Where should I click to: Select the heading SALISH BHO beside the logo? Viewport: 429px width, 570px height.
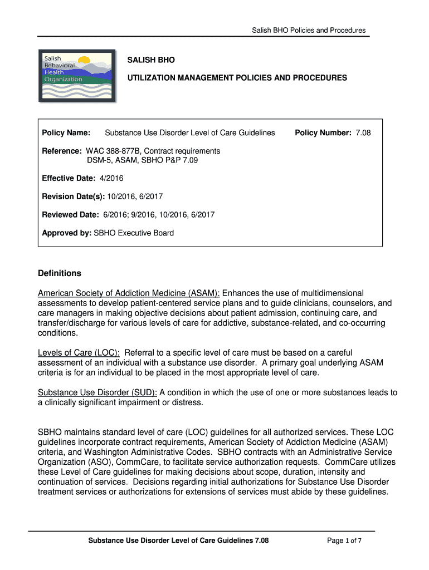tap(151, 60)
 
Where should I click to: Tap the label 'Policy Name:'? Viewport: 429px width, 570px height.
tap(66, 133)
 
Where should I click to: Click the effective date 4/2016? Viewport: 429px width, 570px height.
tap(111, 178)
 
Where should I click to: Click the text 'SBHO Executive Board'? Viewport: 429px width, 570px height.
tap(134, 233)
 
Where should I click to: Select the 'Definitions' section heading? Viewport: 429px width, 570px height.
tap(60, 273)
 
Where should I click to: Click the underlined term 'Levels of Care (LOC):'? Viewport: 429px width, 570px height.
tap(79, 353)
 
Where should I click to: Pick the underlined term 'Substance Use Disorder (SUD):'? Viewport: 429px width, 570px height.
tap(97, 392)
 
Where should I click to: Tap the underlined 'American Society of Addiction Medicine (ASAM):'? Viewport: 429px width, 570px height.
tap(129, 293)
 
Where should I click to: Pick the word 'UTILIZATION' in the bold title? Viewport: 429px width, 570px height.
tap(152, 78)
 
